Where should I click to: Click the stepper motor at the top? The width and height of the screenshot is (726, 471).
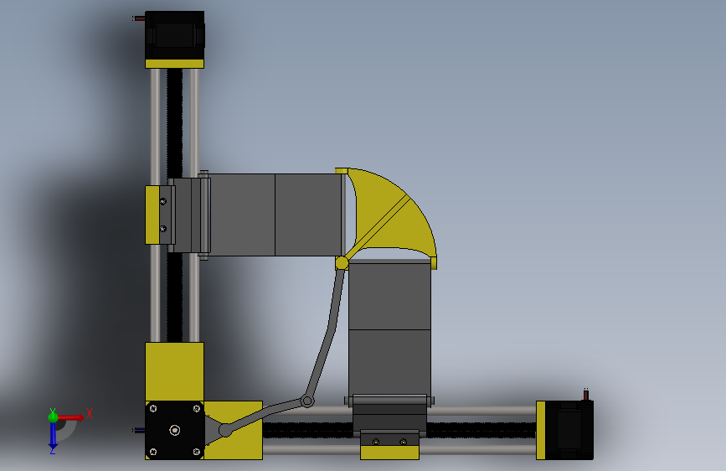[x=174, y=34]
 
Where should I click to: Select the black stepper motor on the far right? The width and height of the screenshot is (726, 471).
[x=570, y=429]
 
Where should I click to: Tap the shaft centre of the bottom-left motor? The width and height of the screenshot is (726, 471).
[x=174, y=430]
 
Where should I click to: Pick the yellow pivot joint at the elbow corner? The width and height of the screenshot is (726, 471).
[x=342, y=263]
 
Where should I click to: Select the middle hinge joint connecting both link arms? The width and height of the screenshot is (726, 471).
[x=307, y=401]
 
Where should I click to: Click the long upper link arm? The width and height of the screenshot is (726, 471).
[x=326, y=331]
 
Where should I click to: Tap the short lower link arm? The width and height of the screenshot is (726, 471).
[x=264, y=416]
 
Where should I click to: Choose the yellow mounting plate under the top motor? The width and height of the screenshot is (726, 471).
[x=174, y=63]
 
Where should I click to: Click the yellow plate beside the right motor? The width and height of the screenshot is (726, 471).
[x=541, y=430]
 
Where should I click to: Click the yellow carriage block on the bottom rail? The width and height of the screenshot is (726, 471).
[x=389, y=451]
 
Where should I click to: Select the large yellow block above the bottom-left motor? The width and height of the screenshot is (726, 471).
[x=174, y=371]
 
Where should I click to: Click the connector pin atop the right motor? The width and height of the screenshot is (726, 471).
[x=585, y=392]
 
